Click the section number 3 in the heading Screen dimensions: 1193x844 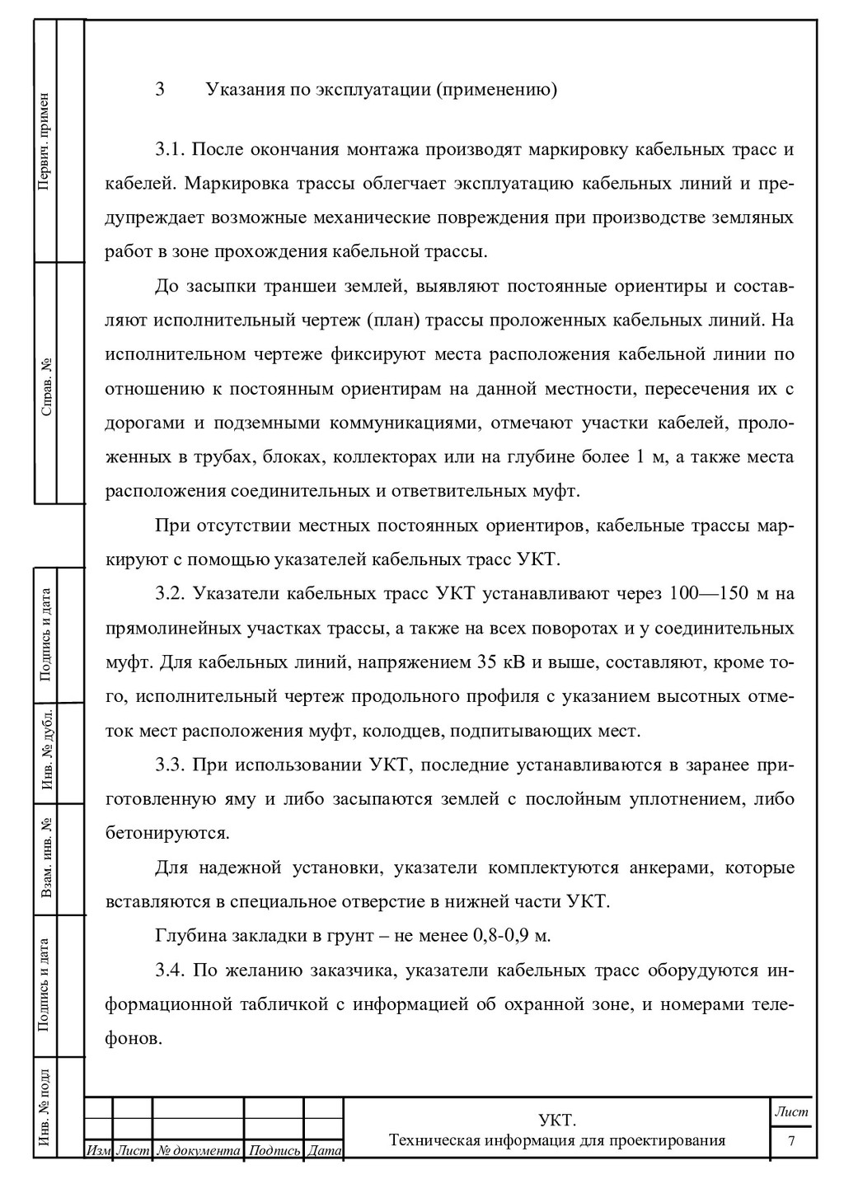coord(160,89)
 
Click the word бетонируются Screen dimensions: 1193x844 coord(167,833)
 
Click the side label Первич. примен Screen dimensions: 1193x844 coord(45,141)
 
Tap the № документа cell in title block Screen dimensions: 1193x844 coord(199,1150)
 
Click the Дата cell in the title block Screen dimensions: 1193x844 coord(324,1150)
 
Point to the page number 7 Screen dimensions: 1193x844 coord(791,1142)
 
